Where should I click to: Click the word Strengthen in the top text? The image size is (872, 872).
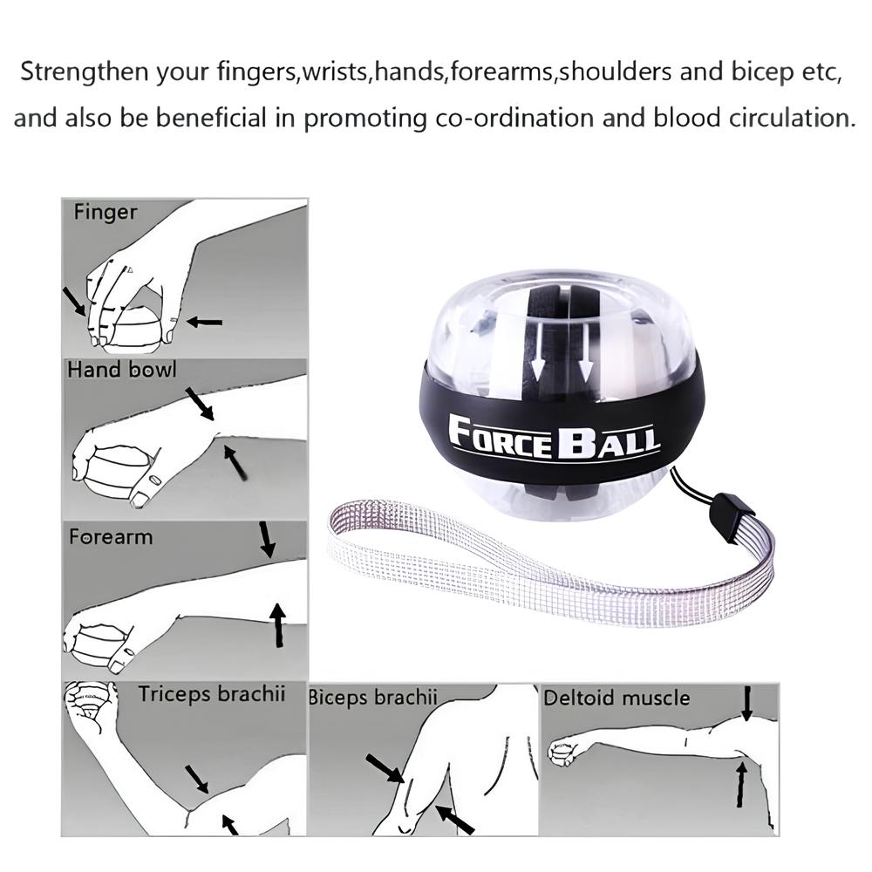coord(85,72)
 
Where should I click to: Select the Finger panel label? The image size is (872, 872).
coord(106,213)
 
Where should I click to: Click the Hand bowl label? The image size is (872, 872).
coord(122,370)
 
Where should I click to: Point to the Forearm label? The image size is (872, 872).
coord(111,536)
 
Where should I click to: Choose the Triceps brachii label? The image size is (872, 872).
coord(212,694)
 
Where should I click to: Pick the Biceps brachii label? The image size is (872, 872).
coord(373,698)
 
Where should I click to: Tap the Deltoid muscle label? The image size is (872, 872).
coord(617,698)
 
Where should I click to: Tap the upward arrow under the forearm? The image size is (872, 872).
coord(277,625)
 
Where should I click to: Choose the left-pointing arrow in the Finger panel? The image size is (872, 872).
coord(204,322)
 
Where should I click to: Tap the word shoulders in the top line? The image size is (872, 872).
coord(615,72)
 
